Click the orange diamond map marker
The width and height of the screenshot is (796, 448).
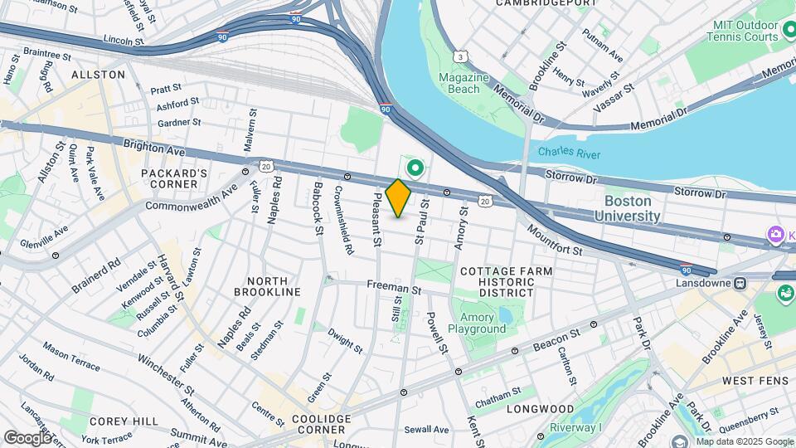[x=399, y=198]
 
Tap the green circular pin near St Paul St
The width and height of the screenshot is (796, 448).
[x=415, y=169]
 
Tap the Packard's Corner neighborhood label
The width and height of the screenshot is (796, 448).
[x=174, y=178]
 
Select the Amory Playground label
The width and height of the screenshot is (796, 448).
[x=477, y=323]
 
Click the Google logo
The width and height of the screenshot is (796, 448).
[x=27, y=437]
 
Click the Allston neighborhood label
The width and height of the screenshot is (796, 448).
[x=98, y=75]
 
